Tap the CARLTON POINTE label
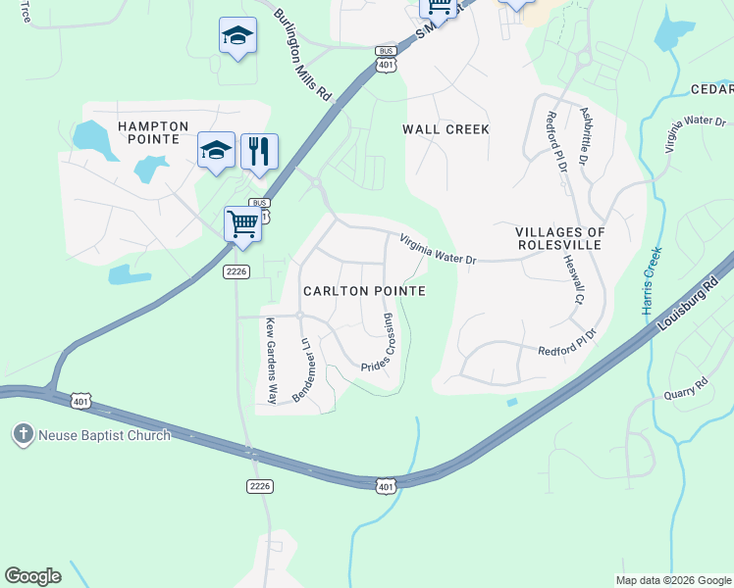(x=363, y=291)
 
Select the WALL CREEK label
(x=446, y=128)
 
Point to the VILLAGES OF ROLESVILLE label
(x=574, y=238)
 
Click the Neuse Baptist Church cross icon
(x=23, y=434)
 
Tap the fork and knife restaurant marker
(x=259, y=151)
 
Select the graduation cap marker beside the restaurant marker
(x=217, y=150)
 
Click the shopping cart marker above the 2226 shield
(x=242, y=223)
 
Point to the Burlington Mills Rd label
(x=303, y=56)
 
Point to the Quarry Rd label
(x=685, y=389)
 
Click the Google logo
(x=32, y=575)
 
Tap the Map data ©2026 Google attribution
(x=672, y=580)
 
